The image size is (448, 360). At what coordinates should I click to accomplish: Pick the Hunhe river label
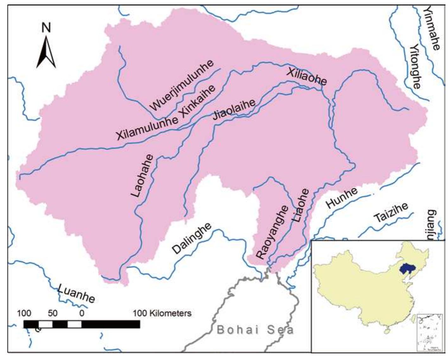342,198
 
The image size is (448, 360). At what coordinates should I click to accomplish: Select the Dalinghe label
192,238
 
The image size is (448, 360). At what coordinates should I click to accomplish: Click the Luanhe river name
76,293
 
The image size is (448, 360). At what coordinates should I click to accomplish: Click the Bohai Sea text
255,330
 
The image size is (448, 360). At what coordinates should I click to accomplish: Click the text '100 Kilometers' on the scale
162,313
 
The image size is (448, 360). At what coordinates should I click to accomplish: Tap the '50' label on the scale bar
53,313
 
